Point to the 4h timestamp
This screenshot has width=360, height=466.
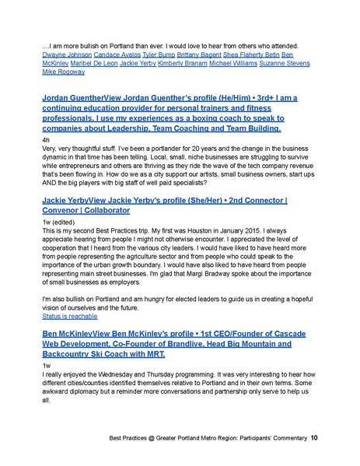point(45,137)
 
